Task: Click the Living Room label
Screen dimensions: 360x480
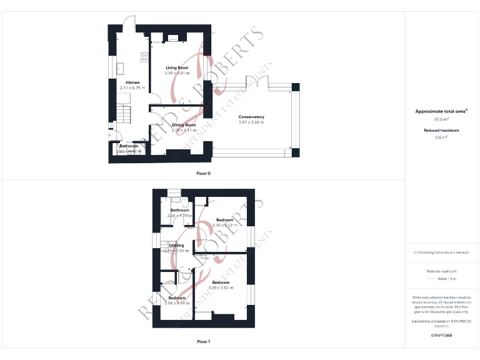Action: pos(177,67)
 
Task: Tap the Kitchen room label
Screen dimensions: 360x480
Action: pos(132,82)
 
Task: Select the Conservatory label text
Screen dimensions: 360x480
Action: pos(251,117)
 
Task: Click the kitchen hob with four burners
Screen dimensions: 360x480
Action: pos(145,57)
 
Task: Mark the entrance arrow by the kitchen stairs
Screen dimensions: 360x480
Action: pos(109,134)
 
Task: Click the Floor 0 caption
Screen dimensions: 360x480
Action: pos(203,173)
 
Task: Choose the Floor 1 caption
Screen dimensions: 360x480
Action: pos(203,342)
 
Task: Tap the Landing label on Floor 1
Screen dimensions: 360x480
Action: pos(177,246)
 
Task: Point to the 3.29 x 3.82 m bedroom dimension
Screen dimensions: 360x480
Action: pos(220,288)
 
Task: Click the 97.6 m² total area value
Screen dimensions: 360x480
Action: pos(441,119)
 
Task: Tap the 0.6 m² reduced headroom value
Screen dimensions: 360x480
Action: pos(441,137)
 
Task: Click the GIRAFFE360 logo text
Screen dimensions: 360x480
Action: pos(441,336)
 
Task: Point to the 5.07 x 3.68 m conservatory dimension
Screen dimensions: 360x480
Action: pos(251,122)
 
